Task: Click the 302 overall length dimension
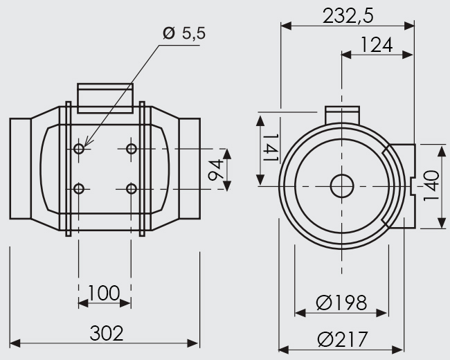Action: [107, 333]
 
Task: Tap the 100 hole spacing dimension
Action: [104, 293]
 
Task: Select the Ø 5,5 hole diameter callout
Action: [184, 33]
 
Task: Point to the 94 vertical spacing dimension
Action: [215, 170]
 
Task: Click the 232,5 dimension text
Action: [348, 15]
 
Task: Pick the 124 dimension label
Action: [376, 45]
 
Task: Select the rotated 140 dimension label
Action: [431, 186]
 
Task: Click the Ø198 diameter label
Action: [341, 303]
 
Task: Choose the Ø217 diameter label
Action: [343, 339]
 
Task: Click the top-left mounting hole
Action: [79, 149]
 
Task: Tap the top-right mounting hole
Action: [132, 149]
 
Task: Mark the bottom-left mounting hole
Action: [79, 189]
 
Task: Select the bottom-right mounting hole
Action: [132, 189]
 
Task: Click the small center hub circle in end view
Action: [342, 186]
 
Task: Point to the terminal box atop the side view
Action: [105, 98]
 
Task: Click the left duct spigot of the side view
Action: [20, 168]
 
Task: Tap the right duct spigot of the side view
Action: [190, 168]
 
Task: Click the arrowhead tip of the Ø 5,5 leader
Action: [84, 147]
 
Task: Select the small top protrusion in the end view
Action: [342, 115]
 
